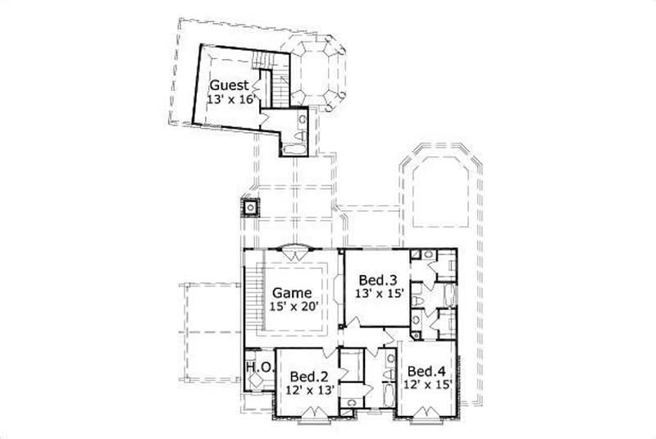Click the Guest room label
pos(229,85)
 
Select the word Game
pos(292,292)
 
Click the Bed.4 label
pos(426,370)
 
